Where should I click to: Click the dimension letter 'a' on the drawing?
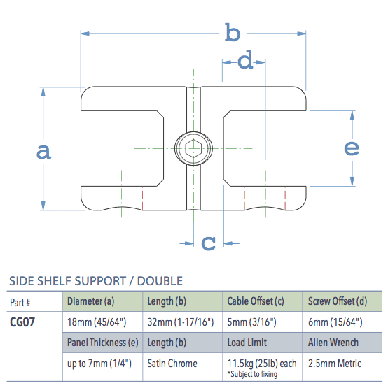click(43, 151)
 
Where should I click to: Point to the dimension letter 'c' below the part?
click(208, 243)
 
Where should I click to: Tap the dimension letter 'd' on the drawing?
click(244, 62)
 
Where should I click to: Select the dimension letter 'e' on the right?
click(352, 148)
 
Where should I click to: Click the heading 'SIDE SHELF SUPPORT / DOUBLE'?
click(95, 281)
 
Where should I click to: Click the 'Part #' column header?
click(21, 302)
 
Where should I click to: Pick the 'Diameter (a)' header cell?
click(90, 302)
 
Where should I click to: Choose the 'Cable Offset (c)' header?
click(256, 302)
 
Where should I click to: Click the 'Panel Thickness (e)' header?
click(102, 343)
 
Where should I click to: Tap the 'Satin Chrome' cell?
click(172, 364)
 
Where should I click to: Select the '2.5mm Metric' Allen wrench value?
click(334, 364)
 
